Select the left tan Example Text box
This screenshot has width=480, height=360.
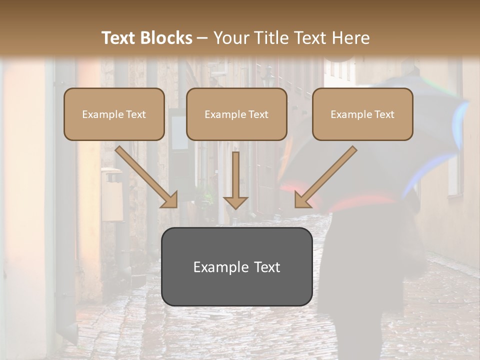(114, 114)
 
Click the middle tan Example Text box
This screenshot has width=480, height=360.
(236, 114)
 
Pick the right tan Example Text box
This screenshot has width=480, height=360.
(362, 114)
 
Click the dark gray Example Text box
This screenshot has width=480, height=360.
(236, 267)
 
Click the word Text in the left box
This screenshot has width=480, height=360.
(135, 114)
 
